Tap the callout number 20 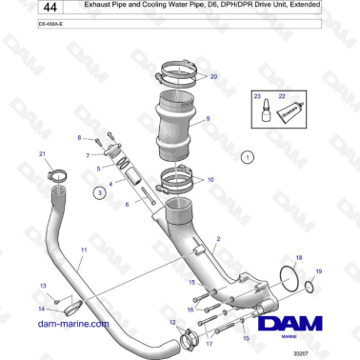tap(212, 75)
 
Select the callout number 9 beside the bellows tap(208, 119)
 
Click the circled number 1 tap(247, 155)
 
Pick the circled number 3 tap(99, 192)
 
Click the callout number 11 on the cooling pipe tap(84, 250)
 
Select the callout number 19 tap(319, 272)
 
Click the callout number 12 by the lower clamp tap(172, 323)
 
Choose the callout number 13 tap(41, 286)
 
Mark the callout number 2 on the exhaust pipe tap(218, 239)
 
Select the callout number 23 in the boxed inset tap(255, 96)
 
